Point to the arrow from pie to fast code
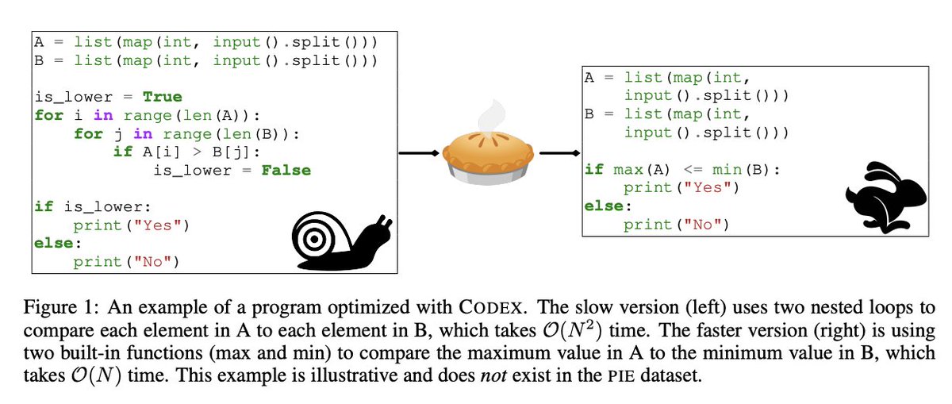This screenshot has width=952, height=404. tap(559, 154)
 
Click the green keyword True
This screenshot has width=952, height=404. tap(162, 97)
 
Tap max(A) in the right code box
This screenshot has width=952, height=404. tap(635, 169)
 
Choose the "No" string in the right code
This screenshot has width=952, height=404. tap(706, 225)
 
